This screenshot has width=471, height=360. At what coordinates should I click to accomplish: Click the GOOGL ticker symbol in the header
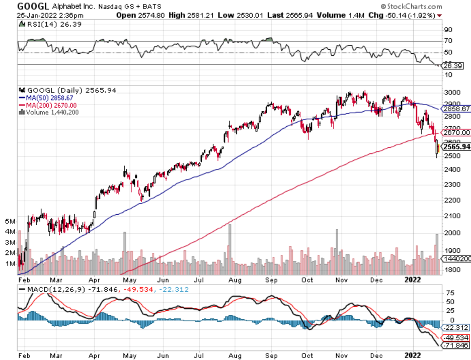pos(33,6)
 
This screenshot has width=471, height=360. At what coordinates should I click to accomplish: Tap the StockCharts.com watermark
pos(411,7)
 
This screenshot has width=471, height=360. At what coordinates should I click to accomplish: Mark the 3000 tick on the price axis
pos(451,93)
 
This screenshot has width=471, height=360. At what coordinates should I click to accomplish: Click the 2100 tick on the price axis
pos(451,216)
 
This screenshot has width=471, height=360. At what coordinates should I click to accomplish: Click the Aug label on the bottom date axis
pos(234,354)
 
